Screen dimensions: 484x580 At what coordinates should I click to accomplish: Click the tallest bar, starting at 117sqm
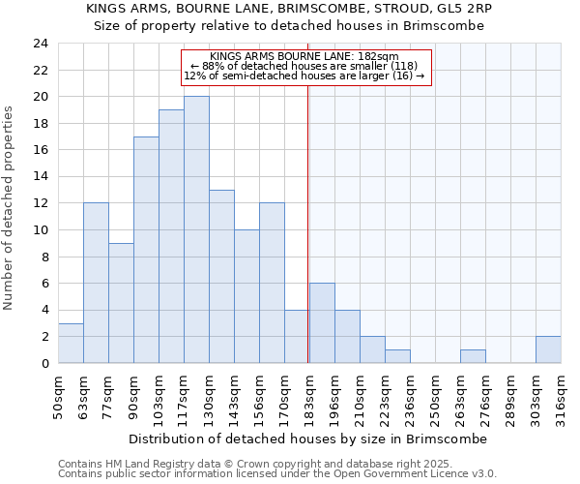[196, 229]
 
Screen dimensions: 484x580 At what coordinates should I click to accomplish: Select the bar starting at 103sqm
[171, 236]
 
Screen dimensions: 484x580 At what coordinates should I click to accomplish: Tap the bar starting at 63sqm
[96, 283]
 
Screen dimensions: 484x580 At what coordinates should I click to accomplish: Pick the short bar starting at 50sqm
[71, 343]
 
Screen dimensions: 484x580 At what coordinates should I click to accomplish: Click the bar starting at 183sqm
[322, 323]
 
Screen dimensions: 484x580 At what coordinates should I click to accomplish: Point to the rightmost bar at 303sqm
[548, 349]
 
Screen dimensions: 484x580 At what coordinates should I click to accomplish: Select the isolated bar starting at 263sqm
[473, 356]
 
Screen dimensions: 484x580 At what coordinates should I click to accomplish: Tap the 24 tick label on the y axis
[40, 44]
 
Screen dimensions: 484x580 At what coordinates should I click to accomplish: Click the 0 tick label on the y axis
[43, 364]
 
